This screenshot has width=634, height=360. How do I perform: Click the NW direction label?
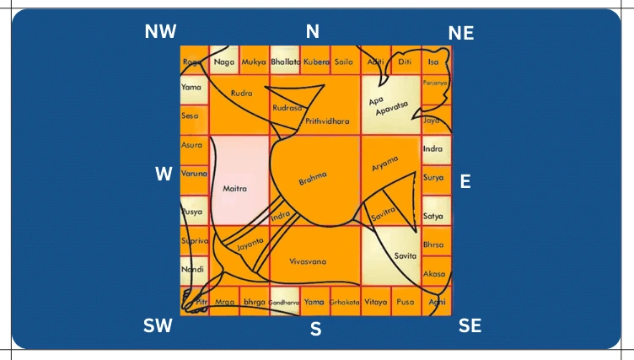click(160, 32)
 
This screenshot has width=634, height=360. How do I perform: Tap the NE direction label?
click(461, 33)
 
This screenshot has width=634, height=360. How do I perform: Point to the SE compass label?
click(470, 326)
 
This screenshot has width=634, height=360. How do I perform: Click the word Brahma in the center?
click(313, 178)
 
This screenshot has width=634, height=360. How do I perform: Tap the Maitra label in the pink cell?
click(234, 190)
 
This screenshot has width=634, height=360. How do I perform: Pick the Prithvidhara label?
click(327, 121)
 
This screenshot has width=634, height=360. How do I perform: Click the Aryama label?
click(385, 164)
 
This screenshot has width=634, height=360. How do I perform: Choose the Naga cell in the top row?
click(224, 62)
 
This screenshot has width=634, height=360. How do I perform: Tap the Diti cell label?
click(406, 62)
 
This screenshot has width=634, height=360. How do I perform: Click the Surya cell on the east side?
click(433, 179)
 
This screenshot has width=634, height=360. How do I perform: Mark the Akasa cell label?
click(434, 274)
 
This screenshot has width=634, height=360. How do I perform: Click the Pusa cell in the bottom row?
click(406, 301)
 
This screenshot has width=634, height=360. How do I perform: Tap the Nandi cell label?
click(193, 269)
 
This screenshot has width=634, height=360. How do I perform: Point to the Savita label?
click(406, 255)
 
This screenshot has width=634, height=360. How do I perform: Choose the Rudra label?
click(242, 93)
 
